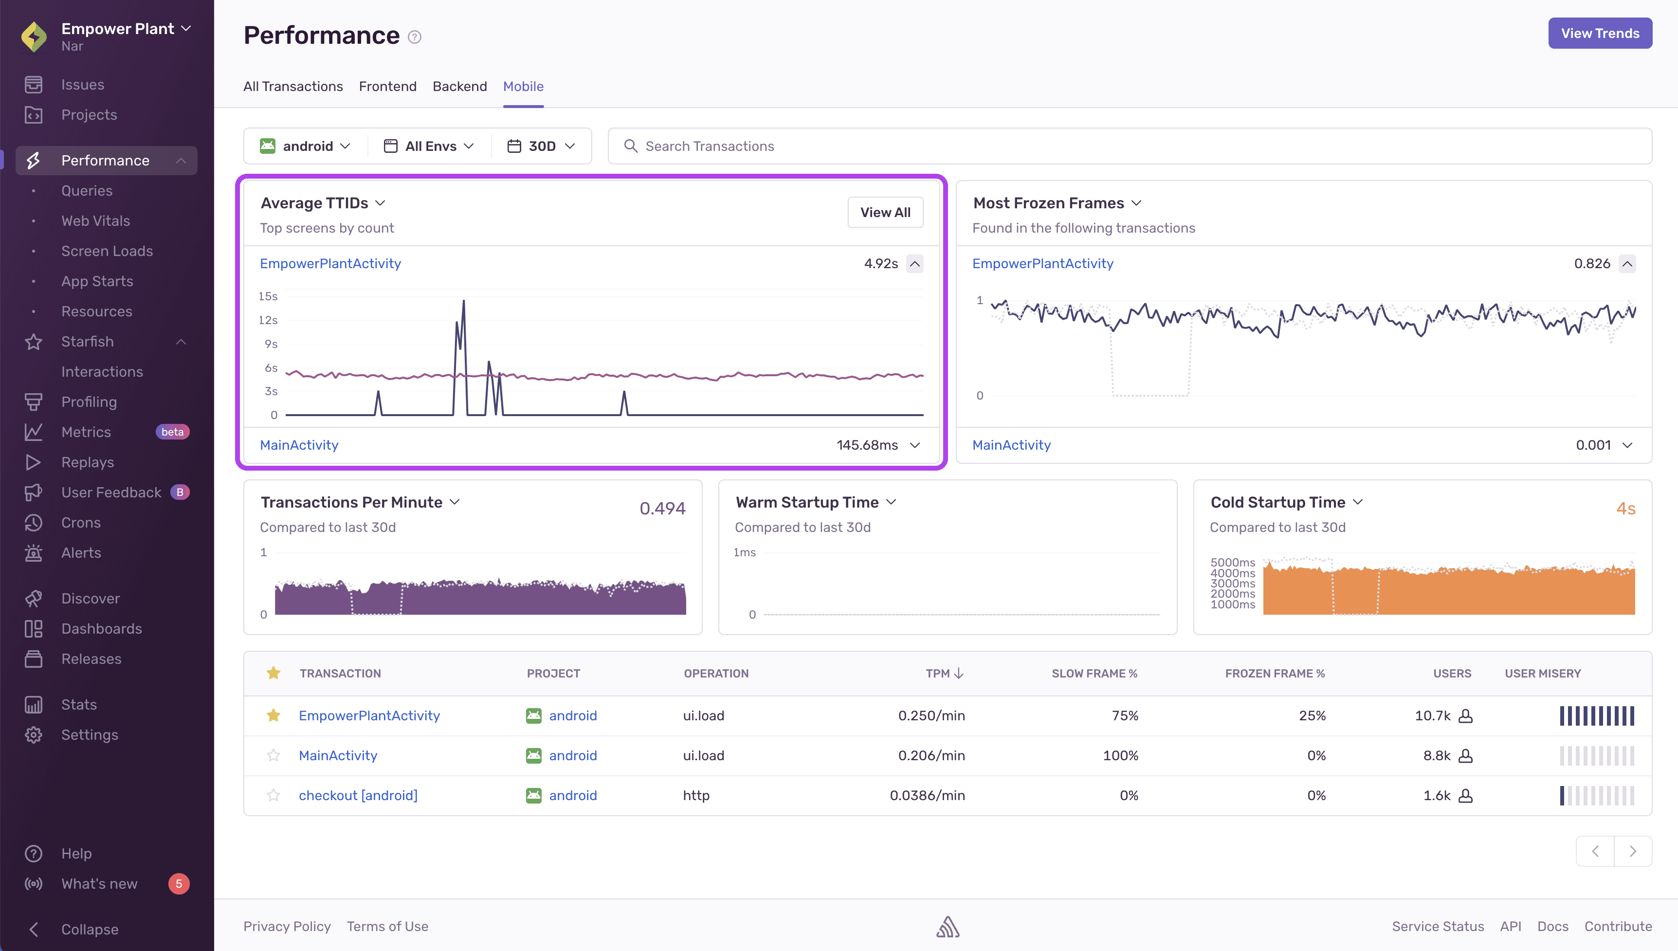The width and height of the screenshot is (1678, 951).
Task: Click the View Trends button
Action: click(x=1600, y=33)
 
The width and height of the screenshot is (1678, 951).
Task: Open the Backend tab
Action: click(x=460, y=86)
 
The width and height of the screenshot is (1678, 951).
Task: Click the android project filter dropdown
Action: click(x=306, y=146)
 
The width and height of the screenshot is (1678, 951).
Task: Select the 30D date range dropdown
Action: click(x=541, y=146)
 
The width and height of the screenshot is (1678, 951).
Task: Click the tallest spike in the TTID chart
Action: click(x=464, y=302)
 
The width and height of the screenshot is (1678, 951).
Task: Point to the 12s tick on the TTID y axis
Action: click(x=268, y=320)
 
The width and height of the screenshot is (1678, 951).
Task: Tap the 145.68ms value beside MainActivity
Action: click(x=867, y=445)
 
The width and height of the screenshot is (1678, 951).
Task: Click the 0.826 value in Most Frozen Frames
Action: click(x=1592, y=263)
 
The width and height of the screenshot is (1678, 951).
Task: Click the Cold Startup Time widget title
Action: click(x=1278, y=502)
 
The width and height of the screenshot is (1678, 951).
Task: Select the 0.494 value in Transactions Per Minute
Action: click(x=662, y=508)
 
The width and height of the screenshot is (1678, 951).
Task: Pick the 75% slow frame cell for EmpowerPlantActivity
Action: click(x=1125, y=715)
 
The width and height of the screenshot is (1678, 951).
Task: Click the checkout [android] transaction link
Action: click(x=358, y=795)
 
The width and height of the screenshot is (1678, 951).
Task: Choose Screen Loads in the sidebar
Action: click(x=107, y=251)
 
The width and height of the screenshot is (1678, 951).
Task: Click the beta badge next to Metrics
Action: click(x=172, y=432)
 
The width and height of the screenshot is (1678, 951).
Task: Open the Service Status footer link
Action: click(x=1438, y=926)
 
